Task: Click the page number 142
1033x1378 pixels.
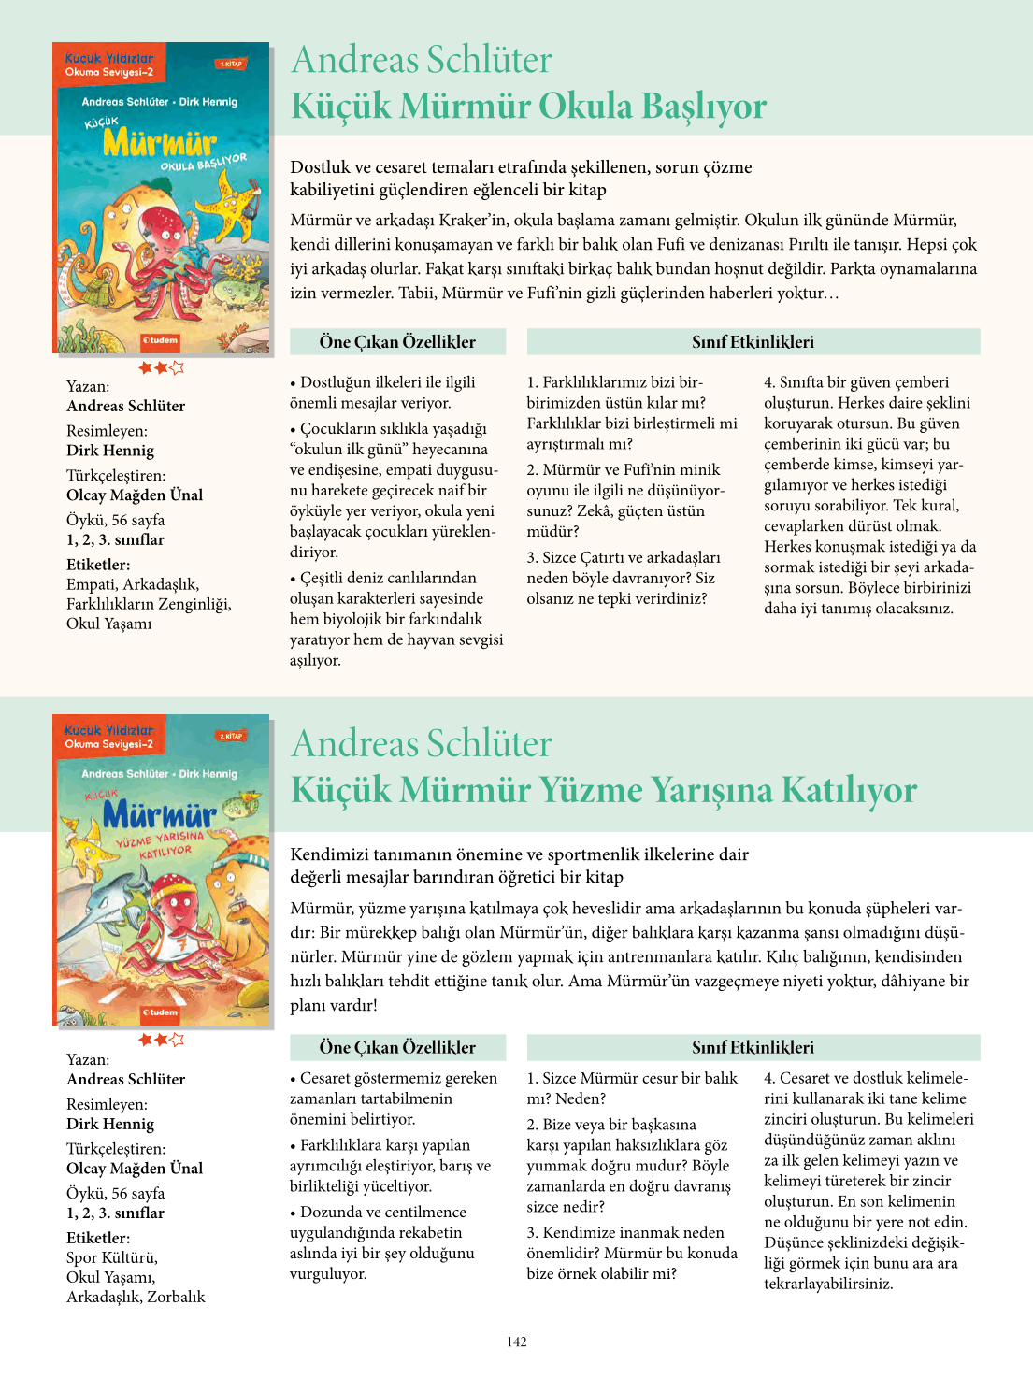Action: pyautogui.click(x=517, y=1342)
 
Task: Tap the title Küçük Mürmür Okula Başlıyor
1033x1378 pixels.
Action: pyautogui.click(x=528, y=106)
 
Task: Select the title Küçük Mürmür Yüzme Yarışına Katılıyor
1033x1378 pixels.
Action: pyautogui.click(x=604, y=790)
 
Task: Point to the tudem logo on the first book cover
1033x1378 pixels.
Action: pyautogui.click(x=160, y=340)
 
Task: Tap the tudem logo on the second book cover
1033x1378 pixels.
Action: pyautogui.click(x=160, y=1012)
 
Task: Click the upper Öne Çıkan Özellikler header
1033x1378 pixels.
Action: pyautogui.click(x=397, y=342)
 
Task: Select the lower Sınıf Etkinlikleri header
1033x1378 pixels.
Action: pyautogui.click(x=753, y=1047)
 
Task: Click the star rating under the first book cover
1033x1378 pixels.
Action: pyautogui.click(x=162, y=368)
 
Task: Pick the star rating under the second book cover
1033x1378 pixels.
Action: pyautogui.click(x=162, y=1040)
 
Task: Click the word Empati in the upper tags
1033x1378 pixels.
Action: pyautogui.click(x=91, y=584)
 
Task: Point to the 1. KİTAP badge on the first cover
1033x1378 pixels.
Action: pyautogui.click(x=231, y=65)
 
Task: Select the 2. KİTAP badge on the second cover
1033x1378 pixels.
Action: pyautogui.click(x=231, y=736)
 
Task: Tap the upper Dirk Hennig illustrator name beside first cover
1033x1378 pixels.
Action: pyautogui.click(x=110, y=451)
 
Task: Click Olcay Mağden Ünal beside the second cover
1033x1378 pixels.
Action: pyautogui.click(x=135, y=1169)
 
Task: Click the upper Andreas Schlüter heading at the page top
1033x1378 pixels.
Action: pyautogui.click(x=422, y=60)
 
